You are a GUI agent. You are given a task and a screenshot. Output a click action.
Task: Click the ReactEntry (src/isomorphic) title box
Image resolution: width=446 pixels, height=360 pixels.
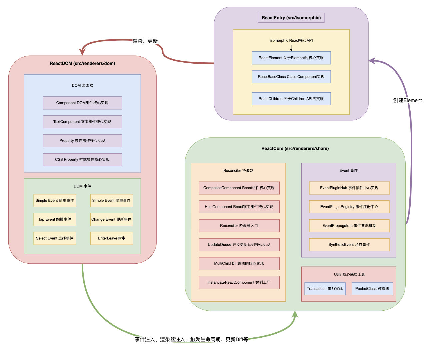click(x=291, y=18)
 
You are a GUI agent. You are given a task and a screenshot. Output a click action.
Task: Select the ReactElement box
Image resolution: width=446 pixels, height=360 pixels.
click(x=291, y=58)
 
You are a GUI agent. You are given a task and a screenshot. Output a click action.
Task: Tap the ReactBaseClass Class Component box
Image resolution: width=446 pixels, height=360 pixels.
click(x=291, y=77)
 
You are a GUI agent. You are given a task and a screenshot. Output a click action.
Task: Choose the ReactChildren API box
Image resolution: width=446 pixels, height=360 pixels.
click(x=291, y=99)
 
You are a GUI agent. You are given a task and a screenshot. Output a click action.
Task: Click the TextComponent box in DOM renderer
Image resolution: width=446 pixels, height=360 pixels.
click(x=82, y=122)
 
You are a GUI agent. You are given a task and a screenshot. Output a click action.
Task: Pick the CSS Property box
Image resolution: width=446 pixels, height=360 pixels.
click(x=82, y=160)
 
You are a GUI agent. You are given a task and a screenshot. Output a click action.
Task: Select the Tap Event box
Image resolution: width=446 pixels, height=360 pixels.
click(x=55, y=220)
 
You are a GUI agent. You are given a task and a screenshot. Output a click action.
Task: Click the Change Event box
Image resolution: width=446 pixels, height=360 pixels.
click(x=111, y=220)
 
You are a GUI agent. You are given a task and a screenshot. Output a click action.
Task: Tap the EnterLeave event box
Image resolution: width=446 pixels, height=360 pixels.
click(x=111, y=238)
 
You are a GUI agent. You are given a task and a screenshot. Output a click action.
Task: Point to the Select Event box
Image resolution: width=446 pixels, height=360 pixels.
click(x=55, y=238)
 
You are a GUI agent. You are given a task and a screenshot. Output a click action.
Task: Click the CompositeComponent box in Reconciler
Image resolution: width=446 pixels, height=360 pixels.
click(x=239, y=188)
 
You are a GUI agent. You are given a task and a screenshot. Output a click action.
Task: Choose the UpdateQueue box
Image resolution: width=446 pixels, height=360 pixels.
click(x=239, y=245)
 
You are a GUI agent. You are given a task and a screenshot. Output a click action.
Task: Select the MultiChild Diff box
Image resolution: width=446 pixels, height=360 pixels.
click(x=239, y=264)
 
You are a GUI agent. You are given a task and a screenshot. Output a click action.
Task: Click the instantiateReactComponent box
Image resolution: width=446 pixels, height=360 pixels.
click(x=239, y=283)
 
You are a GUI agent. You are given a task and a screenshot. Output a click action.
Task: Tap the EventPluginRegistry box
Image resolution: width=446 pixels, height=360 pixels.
click(x=349, y=207)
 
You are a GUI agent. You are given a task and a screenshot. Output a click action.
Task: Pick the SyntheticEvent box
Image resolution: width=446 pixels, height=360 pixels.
click(x=349, y=245)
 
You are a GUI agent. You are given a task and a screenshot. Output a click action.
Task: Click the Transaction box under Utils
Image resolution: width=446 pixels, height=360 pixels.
click(x=325, y=289)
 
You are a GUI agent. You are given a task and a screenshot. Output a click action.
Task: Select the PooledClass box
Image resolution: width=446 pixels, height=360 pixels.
click(x=372, y=289)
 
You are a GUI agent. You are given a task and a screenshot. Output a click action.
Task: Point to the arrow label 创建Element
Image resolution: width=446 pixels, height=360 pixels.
click(x=407, y=100)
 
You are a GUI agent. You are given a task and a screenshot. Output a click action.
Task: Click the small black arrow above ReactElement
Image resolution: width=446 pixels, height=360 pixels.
click(x=291, y=48)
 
